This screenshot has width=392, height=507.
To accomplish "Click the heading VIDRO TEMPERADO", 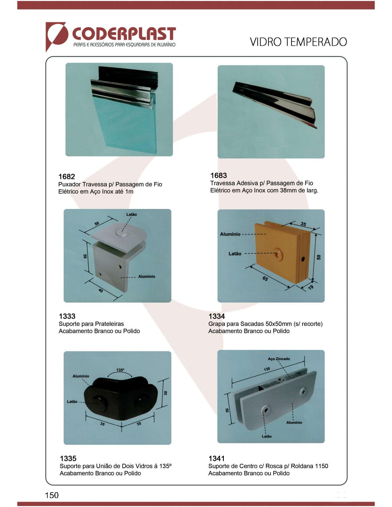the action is pos(298,42).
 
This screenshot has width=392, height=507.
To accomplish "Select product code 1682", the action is pos(66,176).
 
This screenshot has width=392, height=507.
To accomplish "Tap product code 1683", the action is pos(219,175).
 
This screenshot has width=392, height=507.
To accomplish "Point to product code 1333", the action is pos(67,316).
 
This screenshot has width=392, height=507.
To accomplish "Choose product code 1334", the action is pos(217,316).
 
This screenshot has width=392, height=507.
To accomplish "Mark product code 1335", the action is pos(68,458).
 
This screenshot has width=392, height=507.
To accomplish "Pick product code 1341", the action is pos(217,458).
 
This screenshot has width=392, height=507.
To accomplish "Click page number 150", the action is pos(52,495).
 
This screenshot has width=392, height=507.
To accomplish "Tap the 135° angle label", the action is pos(120,370).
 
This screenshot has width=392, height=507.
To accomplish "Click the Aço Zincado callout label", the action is pos(279,359).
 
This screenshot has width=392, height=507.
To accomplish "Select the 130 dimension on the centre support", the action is pos(267,369).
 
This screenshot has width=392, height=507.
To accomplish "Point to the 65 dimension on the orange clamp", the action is pos(265,279).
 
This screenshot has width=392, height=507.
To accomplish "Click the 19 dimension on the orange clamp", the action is pos(311,287).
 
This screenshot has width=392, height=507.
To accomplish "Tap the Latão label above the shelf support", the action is pos(132,214).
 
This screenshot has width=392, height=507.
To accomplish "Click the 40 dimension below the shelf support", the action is pos(101,290).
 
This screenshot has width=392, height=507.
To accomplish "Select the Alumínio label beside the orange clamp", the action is pos(230,234).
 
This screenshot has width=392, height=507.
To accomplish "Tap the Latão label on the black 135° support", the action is pos(72,402).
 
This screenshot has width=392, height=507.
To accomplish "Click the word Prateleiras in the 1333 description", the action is pos(109,324).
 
